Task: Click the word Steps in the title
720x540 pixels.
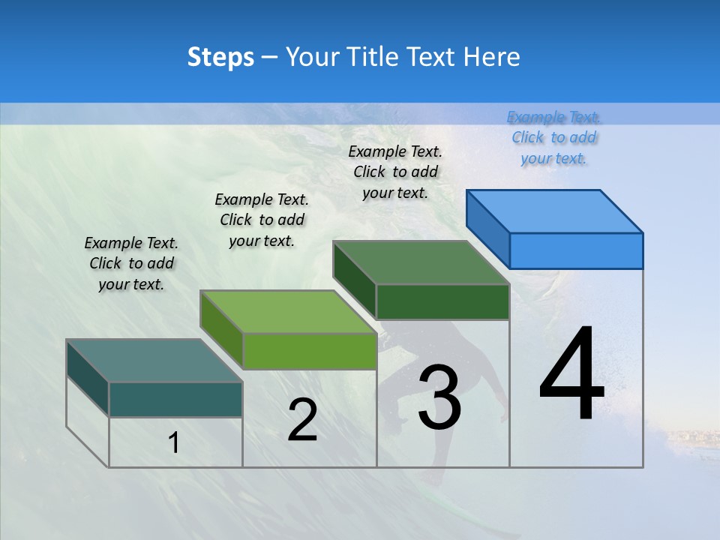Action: coord(220,57)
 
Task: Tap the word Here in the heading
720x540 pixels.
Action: coord(493,57)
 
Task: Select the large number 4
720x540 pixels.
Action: coord(571,375)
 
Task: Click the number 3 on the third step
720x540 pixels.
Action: coord(439,397)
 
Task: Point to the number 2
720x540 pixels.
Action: coord(302,420)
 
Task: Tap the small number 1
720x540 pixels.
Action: coord(174,443)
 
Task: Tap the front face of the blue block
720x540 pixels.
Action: coord(576,250)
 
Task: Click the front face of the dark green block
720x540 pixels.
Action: coord(442,301)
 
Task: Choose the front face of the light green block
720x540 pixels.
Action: coord(309,351)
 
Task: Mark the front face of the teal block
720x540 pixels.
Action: coord(175,400)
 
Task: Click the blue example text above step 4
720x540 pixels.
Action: coord(553,137)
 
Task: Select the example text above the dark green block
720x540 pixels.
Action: coord(395,172)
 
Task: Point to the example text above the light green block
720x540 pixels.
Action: coord(262,220)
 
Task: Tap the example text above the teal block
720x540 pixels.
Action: coord(131,263)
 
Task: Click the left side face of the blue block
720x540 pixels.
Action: coord(487,229)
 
